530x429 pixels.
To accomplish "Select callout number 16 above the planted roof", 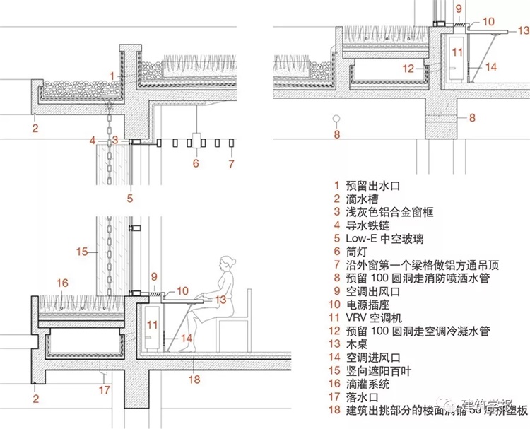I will pyautogui.click(x=62, y=283).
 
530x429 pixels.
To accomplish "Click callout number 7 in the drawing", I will pyautogui.click(x=230, y=165).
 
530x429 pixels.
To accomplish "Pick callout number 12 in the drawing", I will pyautogui.click(x=407, y=69).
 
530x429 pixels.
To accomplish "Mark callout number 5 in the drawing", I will pyautogui.click(x=131, y=199).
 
